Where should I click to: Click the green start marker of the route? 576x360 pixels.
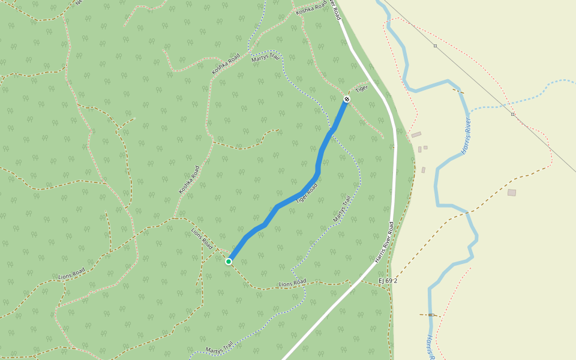pos(229,261)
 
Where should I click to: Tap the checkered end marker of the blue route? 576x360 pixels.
pos(347,98)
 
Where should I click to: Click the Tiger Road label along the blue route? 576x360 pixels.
pos(306,193)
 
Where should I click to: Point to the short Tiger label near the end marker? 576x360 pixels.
pos(361,89)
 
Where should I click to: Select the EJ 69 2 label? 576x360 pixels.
pos(388,280)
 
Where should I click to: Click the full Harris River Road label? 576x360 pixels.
pos(385,242)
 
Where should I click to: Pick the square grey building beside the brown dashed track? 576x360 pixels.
pos(511,193)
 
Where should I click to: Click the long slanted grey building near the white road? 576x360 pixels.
pos(416,134)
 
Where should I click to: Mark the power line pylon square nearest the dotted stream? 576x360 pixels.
pos(512,113)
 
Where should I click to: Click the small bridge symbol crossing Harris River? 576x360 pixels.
pos(431,314)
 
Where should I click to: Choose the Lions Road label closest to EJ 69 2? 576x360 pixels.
pos(292,283)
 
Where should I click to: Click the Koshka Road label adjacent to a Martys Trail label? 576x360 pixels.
pos(226,64)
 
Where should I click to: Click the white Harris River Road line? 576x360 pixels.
pos(395,180)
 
